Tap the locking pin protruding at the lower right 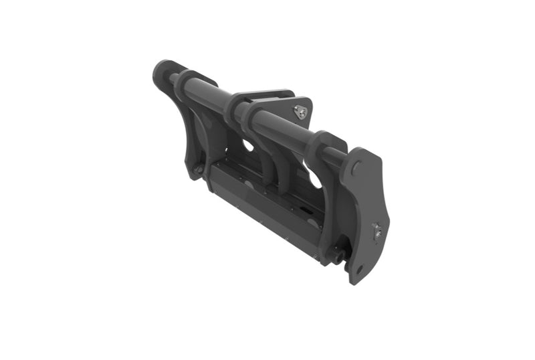click(340, 254)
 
